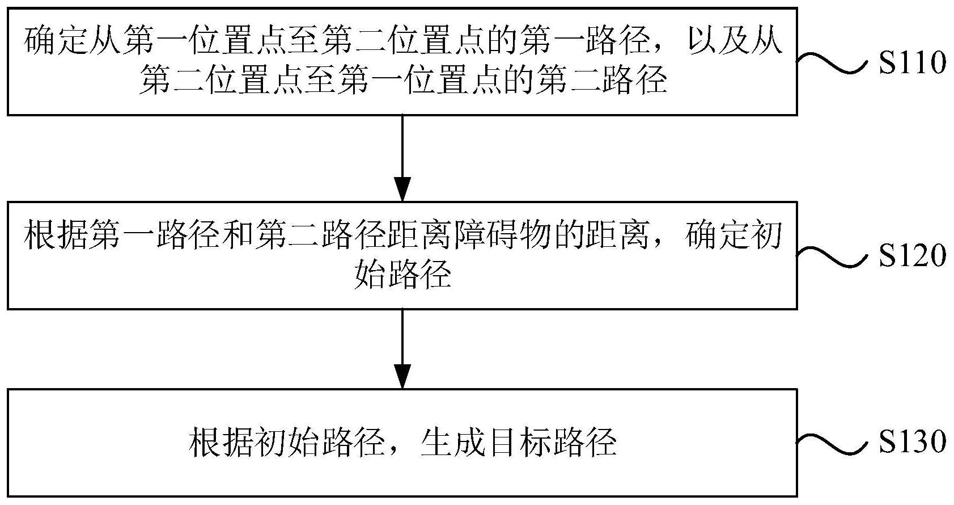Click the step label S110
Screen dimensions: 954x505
pyautogui.click(x=912, y=62)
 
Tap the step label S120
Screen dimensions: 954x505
pyautogui.click(x=912, y=255)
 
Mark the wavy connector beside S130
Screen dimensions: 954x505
pyautogui.click(x=832, y=444)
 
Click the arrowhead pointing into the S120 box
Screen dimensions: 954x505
pyautogui.click(x=402, y=189)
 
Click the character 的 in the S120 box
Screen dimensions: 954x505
pyautogui.click(x=570, y=235)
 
